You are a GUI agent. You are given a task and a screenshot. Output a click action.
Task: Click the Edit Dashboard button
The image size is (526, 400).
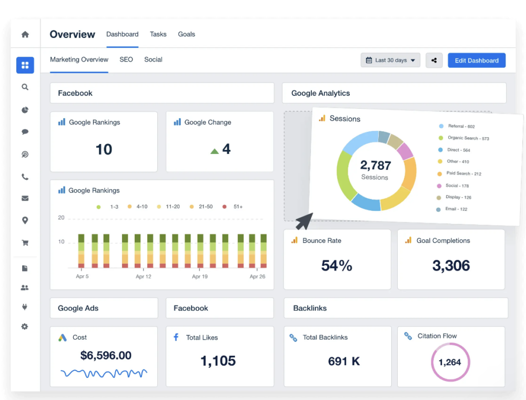477,60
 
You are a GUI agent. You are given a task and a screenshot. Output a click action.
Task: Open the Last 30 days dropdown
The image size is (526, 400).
390,60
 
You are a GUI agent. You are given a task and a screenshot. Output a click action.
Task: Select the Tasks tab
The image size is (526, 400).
158,34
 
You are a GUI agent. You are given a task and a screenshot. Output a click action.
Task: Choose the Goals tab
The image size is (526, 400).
186,34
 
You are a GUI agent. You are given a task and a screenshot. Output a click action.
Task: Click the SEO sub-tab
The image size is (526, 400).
126,59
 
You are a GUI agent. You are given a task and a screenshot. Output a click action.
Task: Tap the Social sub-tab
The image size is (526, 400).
153,59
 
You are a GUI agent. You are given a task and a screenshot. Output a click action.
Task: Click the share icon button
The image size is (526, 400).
434,60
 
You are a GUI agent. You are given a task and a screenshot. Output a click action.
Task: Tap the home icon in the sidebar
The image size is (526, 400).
25,35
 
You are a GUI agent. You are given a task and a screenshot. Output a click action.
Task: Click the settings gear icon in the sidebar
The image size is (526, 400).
25,326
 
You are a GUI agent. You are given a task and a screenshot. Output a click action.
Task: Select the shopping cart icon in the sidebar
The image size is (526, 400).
25,243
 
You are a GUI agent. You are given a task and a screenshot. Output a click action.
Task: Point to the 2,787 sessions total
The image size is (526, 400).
376,166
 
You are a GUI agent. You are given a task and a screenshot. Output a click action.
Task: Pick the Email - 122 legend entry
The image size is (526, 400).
456,209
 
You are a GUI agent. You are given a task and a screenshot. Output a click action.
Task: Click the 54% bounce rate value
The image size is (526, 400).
337,265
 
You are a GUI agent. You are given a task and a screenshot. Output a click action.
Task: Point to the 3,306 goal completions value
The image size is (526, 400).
451,265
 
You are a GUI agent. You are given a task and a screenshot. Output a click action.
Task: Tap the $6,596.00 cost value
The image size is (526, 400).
106,355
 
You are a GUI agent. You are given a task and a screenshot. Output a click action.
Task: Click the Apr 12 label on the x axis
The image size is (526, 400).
144,276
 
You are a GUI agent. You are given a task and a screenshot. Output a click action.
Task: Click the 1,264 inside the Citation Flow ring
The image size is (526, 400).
450,362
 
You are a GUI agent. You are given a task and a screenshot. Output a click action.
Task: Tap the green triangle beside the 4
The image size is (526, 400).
215,151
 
